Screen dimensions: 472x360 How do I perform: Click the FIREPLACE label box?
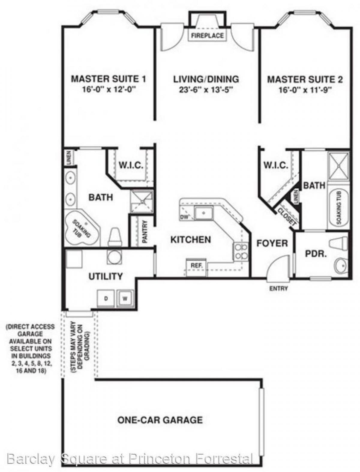pyautogui.click(x=208, y=35)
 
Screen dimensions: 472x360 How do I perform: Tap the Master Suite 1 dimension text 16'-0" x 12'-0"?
pyautogui.click(x=108, y=89)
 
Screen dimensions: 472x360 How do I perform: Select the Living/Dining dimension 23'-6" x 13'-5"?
pyautogui.click(x=206, y=90)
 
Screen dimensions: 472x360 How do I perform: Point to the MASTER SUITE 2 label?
pyautogui.click(x=305, y=79)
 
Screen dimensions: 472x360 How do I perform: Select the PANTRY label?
pyautogui.click(x=145, y=231)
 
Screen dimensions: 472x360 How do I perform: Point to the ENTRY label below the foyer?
pyautogui.click(x=278, y=289)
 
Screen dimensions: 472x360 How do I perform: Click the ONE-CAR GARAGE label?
pyautogui.click(x=160, y=419)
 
